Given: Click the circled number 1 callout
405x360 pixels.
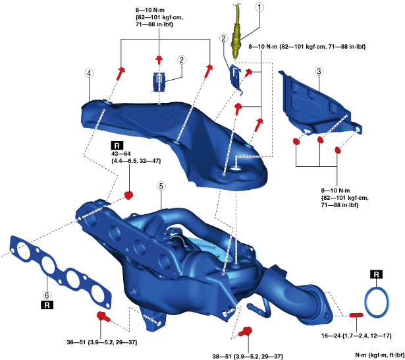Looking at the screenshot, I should tap(260, 9).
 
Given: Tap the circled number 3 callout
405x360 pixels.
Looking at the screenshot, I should tap(318, 71).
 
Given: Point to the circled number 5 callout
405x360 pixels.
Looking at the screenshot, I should tap(160, 187).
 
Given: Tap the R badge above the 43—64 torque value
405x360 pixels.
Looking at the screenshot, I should tap(116, 145).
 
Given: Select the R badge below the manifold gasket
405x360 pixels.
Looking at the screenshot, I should tap(46, 305).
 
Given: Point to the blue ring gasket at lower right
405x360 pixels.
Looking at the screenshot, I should tap(376, 301).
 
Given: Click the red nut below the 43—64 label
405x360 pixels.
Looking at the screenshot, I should tap(129, 195).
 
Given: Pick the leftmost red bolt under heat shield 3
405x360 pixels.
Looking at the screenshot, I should tap(295, 141).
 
